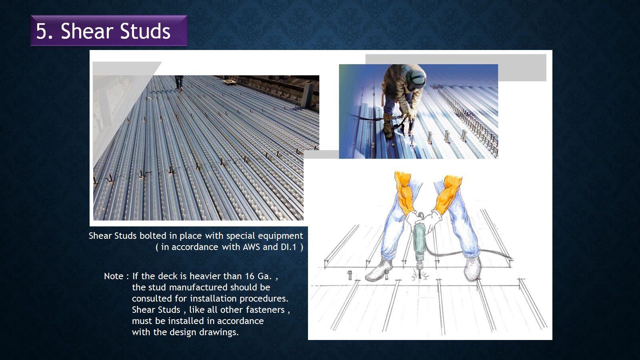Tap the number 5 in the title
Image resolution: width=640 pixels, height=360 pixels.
click(41, 31)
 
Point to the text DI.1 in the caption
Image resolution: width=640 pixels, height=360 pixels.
click(288, 247)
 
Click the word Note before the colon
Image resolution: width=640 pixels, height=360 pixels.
click(114, 276)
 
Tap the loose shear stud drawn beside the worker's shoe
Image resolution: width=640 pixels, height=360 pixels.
click(350, 275)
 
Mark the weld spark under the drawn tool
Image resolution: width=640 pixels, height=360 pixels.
click(420, 276)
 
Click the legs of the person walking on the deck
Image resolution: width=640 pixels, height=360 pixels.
click(179, 82)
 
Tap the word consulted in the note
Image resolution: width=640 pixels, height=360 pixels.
click(152, 298)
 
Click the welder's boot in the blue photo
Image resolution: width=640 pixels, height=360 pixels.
click(388, 126)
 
